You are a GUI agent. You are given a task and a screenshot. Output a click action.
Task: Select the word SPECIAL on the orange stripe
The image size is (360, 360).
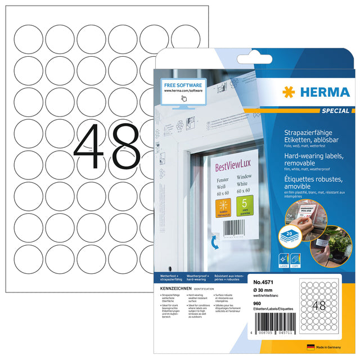337,111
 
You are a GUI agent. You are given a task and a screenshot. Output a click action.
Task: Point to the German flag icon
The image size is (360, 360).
309,348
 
